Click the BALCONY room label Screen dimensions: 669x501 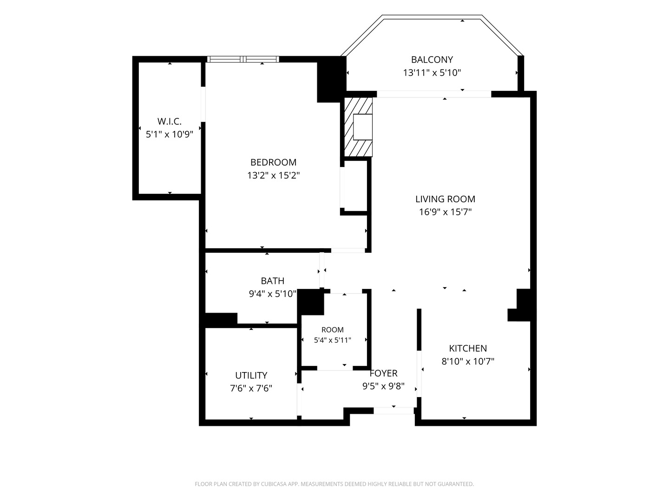click(432, 60)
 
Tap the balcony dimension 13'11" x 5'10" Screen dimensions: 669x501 click(432, 73)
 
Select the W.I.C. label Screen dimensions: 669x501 click(170, 122)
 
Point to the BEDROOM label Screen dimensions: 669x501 click(273, 162)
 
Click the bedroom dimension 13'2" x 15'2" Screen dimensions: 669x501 click(273, 175)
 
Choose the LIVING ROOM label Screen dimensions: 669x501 click(445, 199)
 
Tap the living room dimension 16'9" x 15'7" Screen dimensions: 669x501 click(445, 212)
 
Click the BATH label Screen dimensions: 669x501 click(272, 281)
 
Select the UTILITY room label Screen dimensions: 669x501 click(251, 375)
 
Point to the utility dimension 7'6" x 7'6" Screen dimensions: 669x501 click(251, 388)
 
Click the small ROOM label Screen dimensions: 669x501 click(333, 330)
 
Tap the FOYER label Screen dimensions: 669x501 click(383, 373)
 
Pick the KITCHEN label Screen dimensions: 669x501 click(468, 348)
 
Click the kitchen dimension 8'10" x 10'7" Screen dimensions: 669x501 click(468, 361)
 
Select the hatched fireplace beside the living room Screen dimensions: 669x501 click(358, 127)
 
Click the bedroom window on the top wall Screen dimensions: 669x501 click(243, 59)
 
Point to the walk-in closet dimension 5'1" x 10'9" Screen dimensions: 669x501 click(170, 135)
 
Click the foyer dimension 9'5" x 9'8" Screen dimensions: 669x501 click(383, 386)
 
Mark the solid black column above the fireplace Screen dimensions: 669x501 click(332, 79)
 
